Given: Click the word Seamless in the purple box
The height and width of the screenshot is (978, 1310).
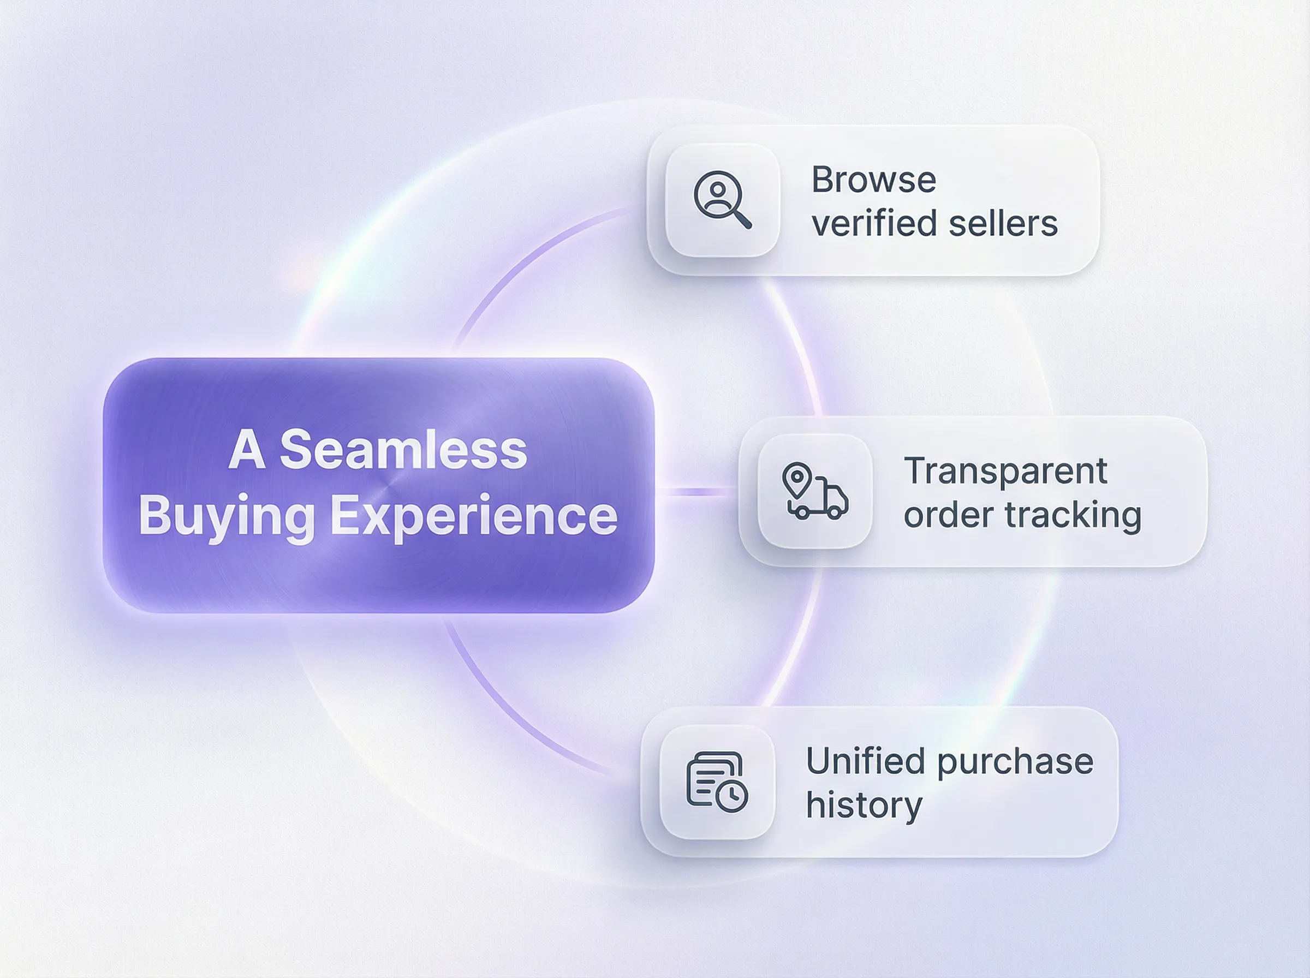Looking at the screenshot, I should coord(403,450).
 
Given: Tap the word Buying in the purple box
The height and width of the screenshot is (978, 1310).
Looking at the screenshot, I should coord(227,516).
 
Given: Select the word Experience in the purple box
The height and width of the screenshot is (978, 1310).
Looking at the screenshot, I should coord(474,516).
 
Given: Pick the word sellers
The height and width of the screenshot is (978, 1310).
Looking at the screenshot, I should coord(1003,224).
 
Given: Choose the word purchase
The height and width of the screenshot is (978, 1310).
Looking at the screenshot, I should coord(1015,762).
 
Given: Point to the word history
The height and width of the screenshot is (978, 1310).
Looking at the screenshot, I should coord(864,806).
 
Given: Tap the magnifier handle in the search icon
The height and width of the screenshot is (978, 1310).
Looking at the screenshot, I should coord(742,219).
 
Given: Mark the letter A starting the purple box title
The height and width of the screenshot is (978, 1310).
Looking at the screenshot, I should coord(246,450).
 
